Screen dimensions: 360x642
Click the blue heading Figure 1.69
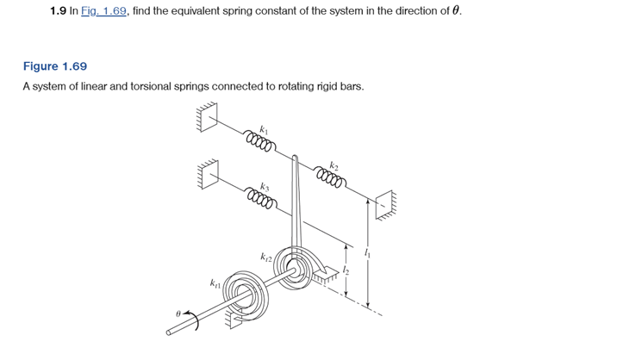pos(54,66)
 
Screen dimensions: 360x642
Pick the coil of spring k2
pos(332,179)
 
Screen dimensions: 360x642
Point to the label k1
pos(265,124)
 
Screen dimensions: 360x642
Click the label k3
pos(265,185)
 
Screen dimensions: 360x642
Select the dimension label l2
pos(352,270)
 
